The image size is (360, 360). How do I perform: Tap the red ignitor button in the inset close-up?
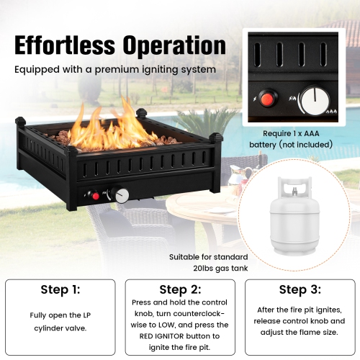click(x=269, y=97)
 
